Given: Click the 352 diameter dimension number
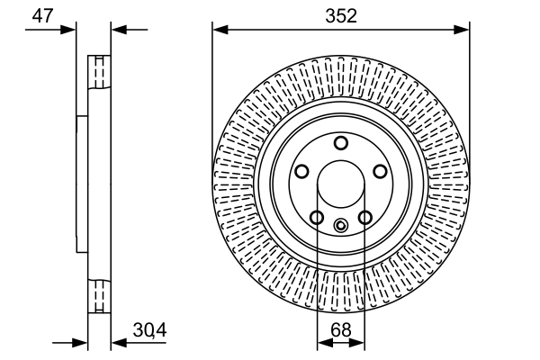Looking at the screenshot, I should (341, 15).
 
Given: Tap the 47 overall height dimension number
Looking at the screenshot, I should (41, 15).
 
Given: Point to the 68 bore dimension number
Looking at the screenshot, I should (340, 330).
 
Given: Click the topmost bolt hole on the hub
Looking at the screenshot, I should (340, 143).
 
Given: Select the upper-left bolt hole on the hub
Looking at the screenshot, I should (301, 171).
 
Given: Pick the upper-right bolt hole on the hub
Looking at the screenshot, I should (380, 171).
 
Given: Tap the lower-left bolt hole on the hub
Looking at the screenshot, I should (317, 217).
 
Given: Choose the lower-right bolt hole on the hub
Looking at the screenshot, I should (364, 217).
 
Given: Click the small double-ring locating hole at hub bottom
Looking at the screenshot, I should (340, 226).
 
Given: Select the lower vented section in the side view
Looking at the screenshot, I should (98, 296).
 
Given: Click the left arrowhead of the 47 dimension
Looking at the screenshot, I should (70, 29).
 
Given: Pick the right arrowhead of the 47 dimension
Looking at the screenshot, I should (116, 29).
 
